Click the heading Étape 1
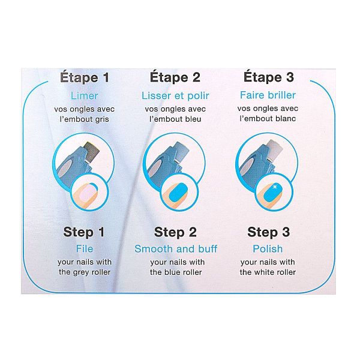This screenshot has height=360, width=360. click(x=85, y=77)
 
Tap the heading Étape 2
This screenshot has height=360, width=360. click(x=175, y=77)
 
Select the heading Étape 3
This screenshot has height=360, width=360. click(x=268, y=77)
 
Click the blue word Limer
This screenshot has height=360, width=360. click(x=85, y=95)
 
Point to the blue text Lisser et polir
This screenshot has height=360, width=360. click(x=175, y=95)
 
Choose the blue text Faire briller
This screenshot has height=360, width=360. click(x=268, y=95)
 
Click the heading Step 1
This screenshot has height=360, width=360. click(x=85, y=232)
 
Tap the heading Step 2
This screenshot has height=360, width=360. click(x=176, y=232)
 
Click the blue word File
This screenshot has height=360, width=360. click(x=85, y=249)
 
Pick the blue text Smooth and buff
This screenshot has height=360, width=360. click(x=176, y=249)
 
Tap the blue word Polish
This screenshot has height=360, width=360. click(x=268, y=249)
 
